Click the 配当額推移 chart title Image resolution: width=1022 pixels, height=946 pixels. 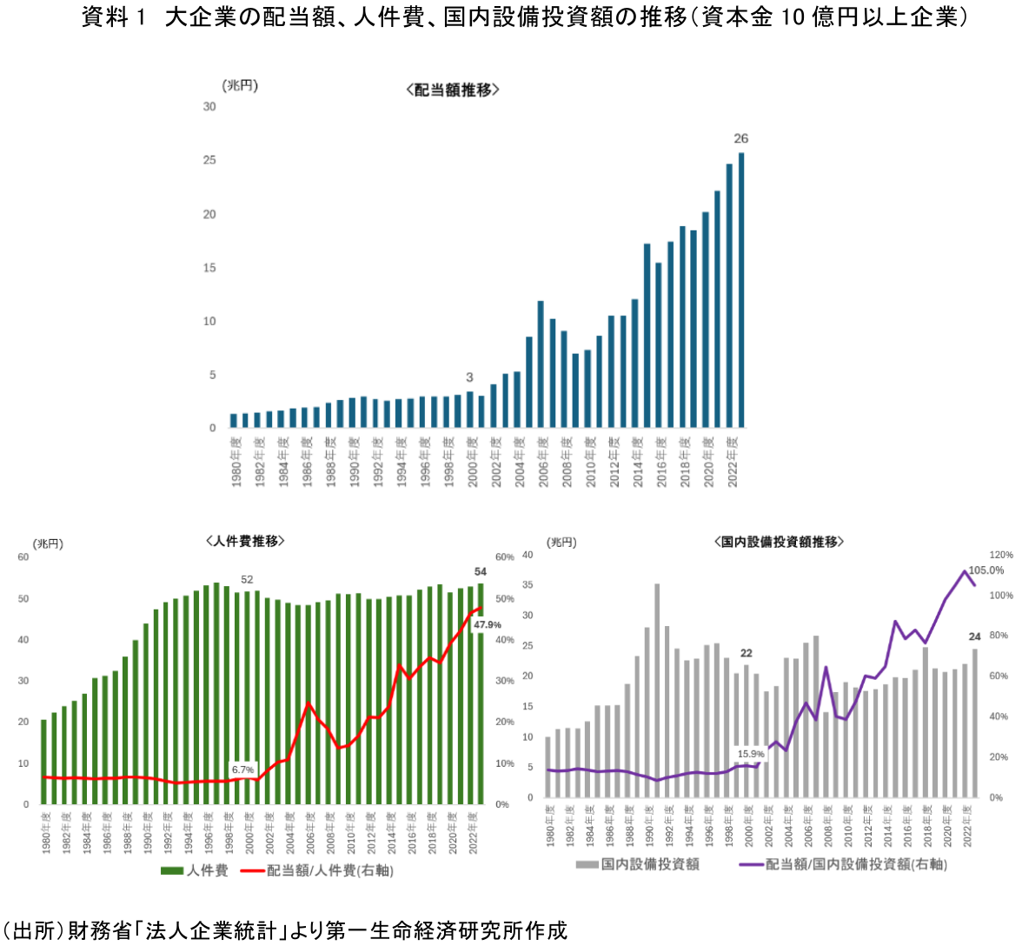[452, 90]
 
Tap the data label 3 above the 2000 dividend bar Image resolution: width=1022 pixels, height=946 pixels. [469, 377]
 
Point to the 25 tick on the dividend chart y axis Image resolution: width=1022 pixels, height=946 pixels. [209, 161]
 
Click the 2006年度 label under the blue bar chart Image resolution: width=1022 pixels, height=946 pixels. [543, 461]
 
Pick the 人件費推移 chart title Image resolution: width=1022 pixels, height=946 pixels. [246, 541]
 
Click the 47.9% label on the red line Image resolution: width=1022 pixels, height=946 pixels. [487, 625]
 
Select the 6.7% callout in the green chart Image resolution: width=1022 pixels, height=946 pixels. [242, 769]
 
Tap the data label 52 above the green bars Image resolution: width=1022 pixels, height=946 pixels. [247, 579]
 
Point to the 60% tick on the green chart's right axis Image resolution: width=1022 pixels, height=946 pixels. [505, 557]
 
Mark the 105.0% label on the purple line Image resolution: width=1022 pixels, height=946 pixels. [985, 570]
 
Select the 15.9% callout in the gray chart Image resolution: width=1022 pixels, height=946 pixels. [751, 754]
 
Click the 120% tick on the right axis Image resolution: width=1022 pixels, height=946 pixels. [1001, 555]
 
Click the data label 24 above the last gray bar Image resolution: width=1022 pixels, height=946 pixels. [974, 636]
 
